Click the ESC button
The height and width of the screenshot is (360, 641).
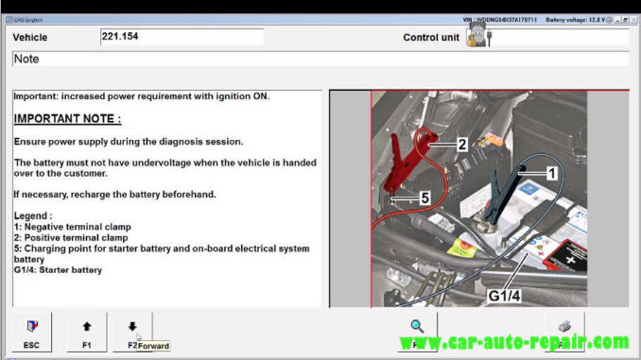pyautogui.click(x=31, y=333)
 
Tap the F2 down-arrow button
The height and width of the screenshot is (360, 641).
pyautogui.click(x=131, y=333)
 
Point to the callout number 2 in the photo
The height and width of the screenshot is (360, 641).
pyautogui.click(x=461, y=145)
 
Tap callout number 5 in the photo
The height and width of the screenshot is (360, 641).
pyautogui.click(x=424, y=198)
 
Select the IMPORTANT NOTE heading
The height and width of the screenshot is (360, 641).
pyautogui.click(x=67, y=119)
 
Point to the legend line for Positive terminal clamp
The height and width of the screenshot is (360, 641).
pyautogui.click(x=72, y=237)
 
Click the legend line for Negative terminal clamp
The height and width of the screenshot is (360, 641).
pyautogui.click(x=73, y=227)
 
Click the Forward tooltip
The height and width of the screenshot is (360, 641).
pyautogui.click(x=153, y=346)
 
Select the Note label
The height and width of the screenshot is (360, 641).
pyautogui.click(x=26, y=59)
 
